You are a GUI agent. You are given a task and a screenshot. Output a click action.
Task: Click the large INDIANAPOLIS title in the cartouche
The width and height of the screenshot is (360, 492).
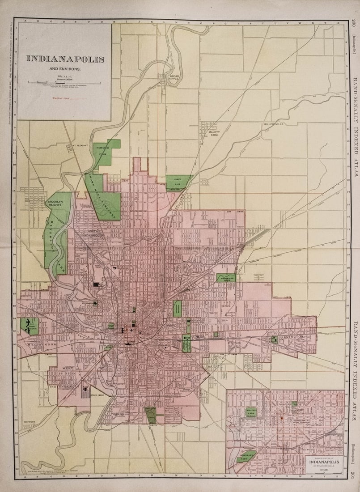[65, 59]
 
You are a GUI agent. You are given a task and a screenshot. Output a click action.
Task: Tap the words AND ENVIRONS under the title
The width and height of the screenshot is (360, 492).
[65, 69]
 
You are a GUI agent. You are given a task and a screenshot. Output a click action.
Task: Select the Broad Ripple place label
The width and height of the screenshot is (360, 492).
[174, 78]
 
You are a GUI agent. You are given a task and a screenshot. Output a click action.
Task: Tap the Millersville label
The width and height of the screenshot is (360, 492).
[273, 124]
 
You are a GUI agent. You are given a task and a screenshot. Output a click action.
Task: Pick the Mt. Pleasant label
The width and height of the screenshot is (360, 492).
[79, 145]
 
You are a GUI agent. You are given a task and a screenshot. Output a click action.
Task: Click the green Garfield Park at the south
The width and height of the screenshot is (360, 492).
[151, 415]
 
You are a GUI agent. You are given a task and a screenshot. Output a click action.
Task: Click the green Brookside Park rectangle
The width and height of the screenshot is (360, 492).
[225, 278]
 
